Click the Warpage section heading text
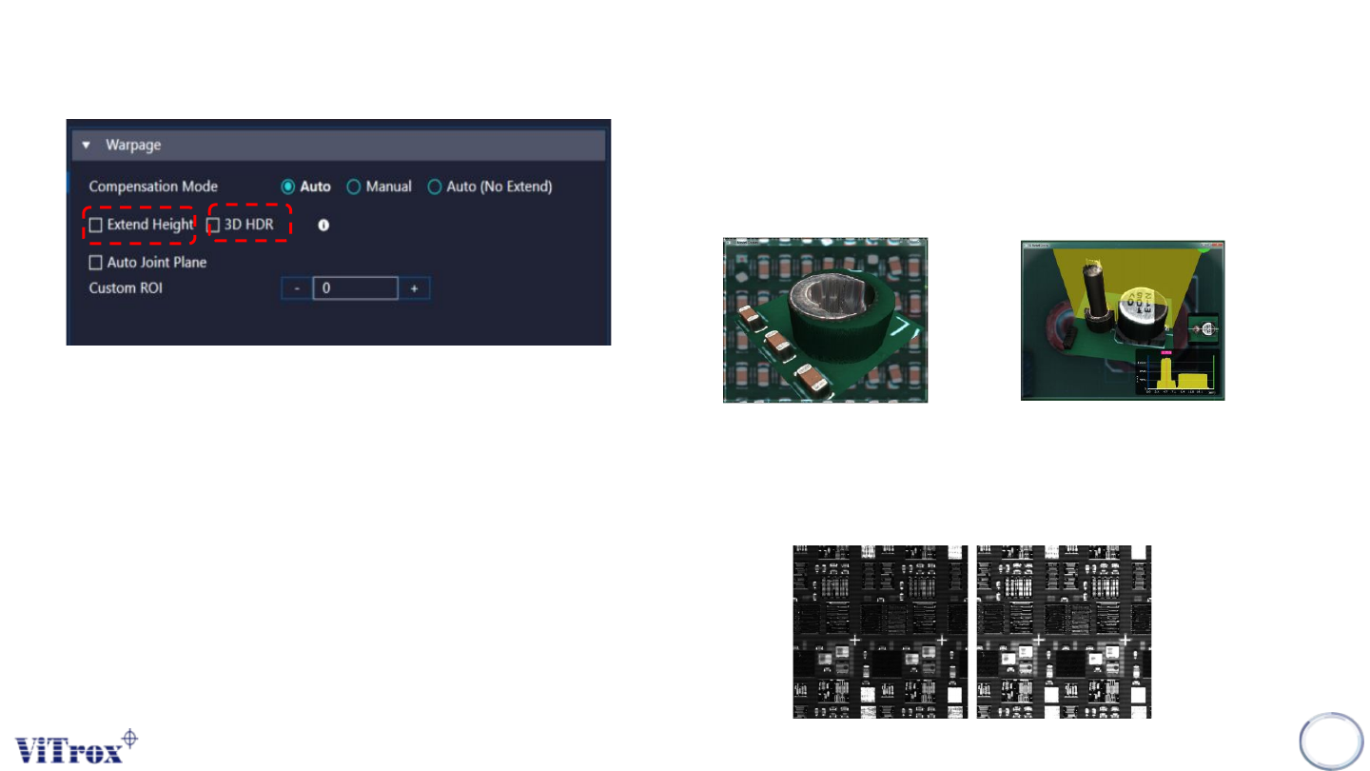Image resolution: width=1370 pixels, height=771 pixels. click(x=133, y=146)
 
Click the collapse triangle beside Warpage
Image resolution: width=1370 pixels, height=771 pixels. click(x=87, y=146)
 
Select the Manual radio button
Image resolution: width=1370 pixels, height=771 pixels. click(x=354, y=187)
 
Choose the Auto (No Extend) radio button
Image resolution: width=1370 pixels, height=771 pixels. click(x=435, y=187)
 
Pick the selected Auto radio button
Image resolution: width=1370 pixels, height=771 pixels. click(x=288, y=187)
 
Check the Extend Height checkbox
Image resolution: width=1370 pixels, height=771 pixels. click(x=95, y=226)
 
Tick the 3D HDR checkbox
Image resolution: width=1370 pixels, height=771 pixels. click(x=214, y=226)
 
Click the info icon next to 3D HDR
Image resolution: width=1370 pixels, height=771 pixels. click(x=323, y=226)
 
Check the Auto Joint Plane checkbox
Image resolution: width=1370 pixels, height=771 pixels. click(x=95, y=263)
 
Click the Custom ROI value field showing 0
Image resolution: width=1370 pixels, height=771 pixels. click(x=355, y=287)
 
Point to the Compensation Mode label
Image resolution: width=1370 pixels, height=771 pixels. click(x=153, y=187)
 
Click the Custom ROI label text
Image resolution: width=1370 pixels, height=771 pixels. click(x=126, y=287)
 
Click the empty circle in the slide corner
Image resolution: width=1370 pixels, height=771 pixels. click(x=1331, y=741)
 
